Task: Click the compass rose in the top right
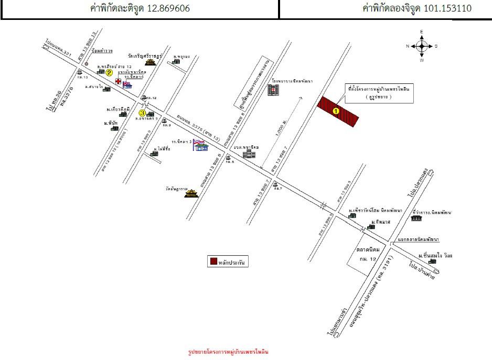tap(422, 46)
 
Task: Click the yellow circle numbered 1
tap(336, 111)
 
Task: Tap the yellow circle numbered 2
tap(109, 73)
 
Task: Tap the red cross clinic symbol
tap(119, 82)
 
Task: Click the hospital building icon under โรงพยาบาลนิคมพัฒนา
tap(273, 91)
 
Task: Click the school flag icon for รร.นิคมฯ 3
tap(200, 145)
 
